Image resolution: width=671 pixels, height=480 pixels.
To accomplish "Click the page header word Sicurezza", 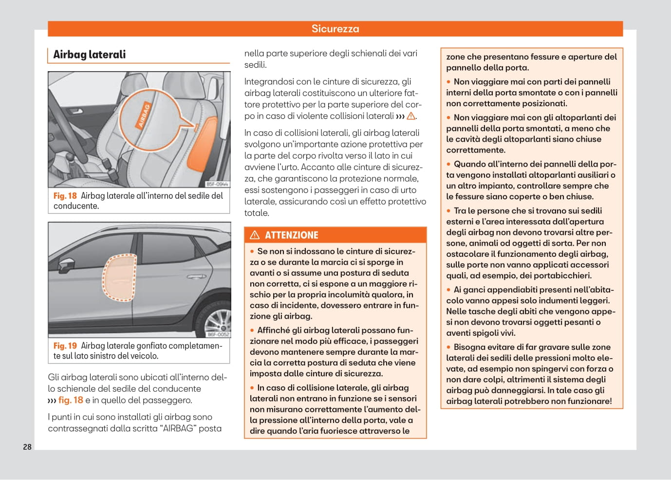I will click(335, 29).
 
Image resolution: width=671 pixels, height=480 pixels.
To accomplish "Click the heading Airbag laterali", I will click(89, 55).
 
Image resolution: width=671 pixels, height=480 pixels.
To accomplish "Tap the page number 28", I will click(27, 447).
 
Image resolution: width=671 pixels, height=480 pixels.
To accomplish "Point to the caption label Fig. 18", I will click(65, 196).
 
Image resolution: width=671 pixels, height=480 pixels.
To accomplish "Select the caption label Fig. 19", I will click(65, 346).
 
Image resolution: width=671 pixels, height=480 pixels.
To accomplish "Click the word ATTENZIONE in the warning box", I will click(291, 235).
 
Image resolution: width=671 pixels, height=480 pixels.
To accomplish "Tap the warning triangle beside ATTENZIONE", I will click(255, 235).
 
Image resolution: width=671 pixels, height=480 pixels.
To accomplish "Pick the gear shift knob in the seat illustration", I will click(69, 158).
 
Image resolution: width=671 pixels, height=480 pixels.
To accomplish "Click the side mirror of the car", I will click(68, 264).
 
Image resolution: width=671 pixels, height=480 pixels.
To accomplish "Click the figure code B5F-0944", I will click(217, 184).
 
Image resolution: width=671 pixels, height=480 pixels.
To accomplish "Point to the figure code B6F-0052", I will click(218, 334).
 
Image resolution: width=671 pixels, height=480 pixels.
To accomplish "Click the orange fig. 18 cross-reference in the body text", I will click(71, 401).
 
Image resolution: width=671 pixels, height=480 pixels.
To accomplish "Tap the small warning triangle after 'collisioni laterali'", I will click(411, 116).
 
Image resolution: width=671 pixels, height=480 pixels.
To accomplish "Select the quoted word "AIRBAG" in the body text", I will click(178, 429).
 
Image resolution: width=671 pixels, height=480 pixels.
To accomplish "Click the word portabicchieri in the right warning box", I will click(561, 276).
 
